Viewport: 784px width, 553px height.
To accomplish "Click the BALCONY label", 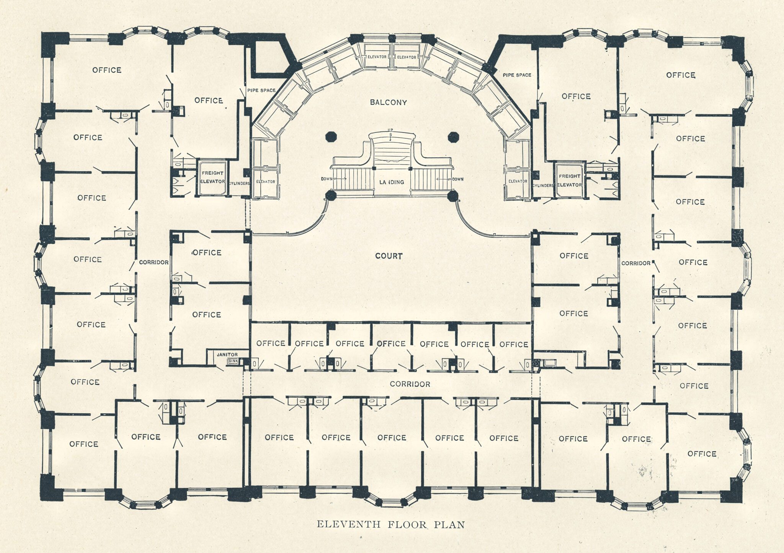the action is coord(388,102).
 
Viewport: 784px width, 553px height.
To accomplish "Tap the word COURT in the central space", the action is coord(389,256).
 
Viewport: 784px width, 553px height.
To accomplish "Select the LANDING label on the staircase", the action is coord(392,182).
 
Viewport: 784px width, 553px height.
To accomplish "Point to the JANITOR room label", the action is coord(227,355).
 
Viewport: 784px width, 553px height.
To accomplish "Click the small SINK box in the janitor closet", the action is coord(232,361).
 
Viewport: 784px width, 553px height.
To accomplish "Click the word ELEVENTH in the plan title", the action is coord(349,524).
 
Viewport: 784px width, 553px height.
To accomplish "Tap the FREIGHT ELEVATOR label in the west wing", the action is coord(213,177).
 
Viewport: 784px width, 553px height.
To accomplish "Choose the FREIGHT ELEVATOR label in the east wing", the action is coord(569,180).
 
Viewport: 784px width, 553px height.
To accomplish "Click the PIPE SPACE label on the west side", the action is coord(261,90).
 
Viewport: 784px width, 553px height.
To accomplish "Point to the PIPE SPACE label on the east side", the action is coord(517,75).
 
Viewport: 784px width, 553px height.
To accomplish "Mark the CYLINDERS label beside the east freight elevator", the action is coord(543,185).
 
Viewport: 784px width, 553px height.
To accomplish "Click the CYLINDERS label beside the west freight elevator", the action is coord(239,183).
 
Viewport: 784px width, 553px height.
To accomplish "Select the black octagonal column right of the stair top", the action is coord(453,137).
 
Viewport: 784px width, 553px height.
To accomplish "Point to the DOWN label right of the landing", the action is coord(457,179).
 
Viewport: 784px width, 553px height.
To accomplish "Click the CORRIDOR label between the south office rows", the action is coord(410,384).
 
